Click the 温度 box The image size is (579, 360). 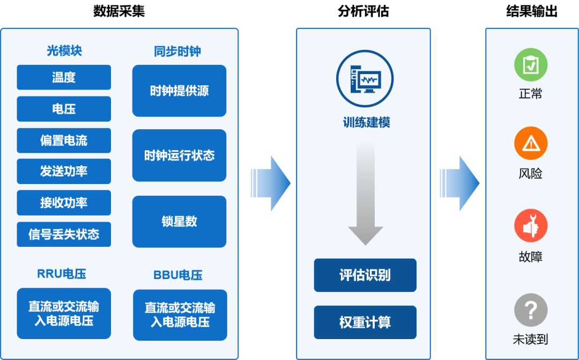[64, 77]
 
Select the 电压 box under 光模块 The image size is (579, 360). [64, 109]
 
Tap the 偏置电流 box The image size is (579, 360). [64, 141]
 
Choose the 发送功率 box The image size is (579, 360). [64, 171]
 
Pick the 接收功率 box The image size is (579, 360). [64, 203]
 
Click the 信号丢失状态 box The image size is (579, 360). [64, 234]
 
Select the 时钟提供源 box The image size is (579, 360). [179, 91]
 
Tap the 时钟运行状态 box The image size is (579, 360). [179, 156]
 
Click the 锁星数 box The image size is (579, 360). [179, 221]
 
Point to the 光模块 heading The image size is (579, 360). [64, 51]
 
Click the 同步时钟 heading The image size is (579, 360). [177, 52]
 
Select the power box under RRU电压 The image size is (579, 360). [64, 313]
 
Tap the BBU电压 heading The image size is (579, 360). [178, 275]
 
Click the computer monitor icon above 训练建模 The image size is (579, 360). [365, 79]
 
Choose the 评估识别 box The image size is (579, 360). [365, 275]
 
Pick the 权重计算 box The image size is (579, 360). [365, 322]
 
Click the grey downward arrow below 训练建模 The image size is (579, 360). [366, 193]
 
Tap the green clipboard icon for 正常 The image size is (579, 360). [531, 64]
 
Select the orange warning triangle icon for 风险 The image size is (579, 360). [531, 143]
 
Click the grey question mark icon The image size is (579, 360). [531, 310]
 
